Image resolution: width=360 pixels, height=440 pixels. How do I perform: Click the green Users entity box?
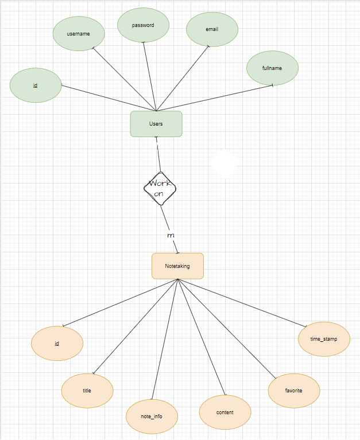156,124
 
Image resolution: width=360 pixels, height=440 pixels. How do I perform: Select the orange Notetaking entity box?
177,266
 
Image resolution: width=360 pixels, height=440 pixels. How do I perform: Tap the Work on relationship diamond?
159,188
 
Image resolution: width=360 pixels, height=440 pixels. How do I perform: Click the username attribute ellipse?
79,34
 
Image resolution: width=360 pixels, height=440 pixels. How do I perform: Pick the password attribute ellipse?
143,25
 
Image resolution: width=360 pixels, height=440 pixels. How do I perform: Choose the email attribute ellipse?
212,29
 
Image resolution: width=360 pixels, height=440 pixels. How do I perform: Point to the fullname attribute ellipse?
272,68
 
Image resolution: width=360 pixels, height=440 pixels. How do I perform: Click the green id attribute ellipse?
36,85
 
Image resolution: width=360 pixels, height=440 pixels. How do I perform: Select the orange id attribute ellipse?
57,344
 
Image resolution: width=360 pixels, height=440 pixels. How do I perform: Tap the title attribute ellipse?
87,391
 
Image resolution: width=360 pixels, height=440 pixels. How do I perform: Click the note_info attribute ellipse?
152,415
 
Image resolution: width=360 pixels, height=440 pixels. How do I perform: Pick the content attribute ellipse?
225,412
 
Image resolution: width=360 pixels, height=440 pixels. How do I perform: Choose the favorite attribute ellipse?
294,391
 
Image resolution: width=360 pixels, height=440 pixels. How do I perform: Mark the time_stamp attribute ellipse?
324,339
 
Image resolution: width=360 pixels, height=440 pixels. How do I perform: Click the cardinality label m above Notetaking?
171,236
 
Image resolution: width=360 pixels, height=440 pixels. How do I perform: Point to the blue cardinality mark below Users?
157,147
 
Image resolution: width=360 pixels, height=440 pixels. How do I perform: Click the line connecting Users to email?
183,78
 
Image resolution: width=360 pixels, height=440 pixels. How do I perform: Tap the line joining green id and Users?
109,98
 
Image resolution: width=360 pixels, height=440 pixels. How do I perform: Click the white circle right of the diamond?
224,164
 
